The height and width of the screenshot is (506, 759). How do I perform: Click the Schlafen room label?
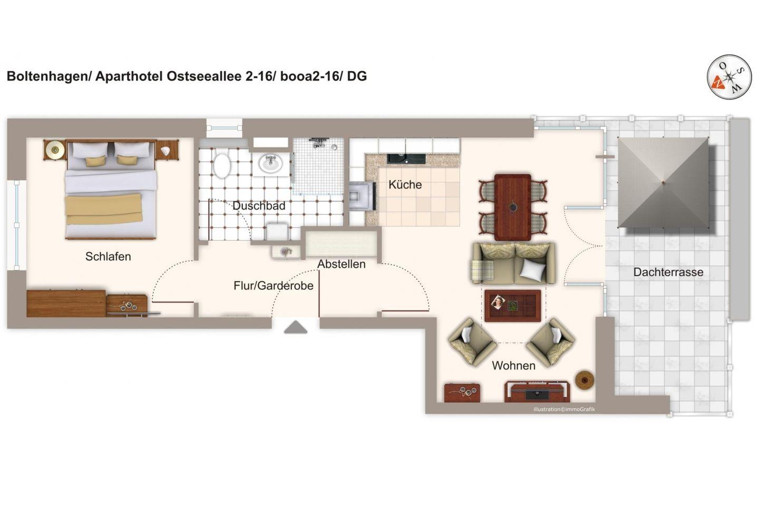tap(108, 257)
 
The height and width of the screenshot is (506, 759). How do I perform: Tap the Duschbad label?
tap(259, 206)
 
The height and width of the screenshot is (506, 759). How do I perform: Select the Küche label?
tap(405, 184)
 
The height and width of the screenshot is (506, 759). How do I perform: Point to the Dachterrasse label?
tap(668, 272)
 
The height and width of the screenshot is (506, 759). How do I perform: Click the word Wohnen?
tap(514, 366)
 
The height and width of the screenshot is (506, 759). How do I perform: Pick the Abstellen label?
tap(341, 265)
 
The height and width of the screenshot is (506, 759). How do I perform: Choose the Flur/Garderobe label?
tap(274, 286)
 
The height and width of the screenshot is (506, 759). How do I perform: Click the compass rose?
tap(729, 77)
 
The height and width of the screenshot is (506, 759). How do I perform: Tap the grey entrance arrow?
tap(296, 327)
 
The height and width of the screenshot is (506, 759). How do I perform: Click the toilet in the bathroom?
tap(222, 166)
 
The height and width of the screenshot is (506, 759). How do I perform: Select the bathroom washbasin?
tap(270, 163)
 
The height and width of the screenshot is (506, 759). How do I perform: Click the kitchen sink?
tap(406, 159)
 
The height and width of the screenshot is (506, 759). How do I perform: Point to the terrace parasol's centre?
tap(664, 183)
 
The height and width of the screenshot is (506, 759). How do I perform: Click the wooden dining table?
tap(513, 207)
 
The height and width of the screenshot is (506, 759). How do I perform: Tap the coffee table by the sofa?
tap(513, 305)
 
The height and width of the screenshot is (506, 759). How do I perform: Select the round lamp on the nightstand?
tap(55, 149)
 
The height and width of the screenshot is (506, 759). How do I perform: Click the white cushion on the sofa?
tap(533, 269)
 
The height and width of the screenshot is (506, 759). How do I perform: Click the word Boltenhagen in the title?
tap(47, 76)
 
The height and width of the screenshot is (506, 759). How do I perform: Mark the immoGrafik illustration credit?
tap(564, 410)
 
